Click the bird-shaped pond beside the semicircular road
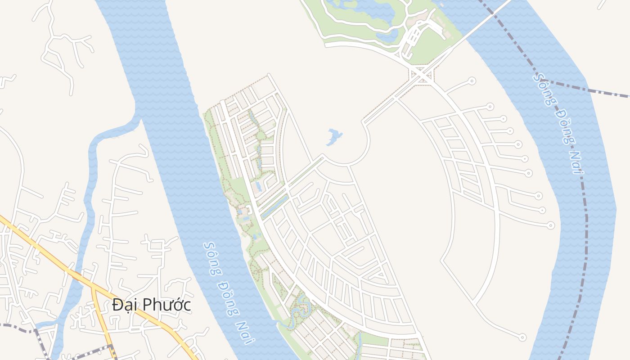[x=333, y=136]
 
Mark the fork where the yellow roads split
[x=93, y=286]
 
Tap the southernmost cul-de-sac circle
[x=522, y=337]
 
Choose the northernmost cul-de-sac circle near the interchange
[x=471, y=81]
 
